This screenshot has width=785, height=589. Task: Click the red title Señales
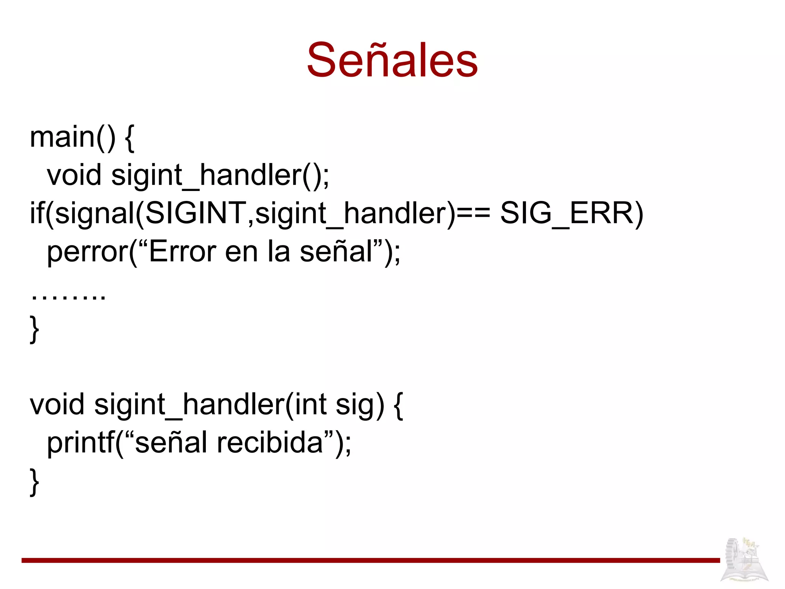[x=392, y=61]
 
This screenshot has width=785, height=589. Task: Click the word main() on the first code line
[x=72, y=137]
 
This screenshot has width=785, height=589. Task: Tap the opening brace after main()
[x=130, y=138]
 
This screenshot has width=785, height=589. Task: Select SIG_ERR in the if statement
[x=572, y=213]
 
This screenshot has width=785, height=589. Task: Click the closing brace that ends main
[x=34, y=329]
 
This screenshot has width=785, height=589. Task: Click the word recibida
[x=270, y=443]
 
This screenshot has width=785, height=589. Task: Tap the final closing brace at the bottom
[x=34, y=482]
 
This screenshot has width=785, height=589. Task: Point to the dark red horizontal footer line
[x=370, y=560]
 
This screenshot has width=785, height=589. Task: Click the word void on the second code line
[x=74, y=175]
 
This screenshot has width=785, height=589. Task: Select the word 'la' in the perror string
[x=278, y=252]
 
